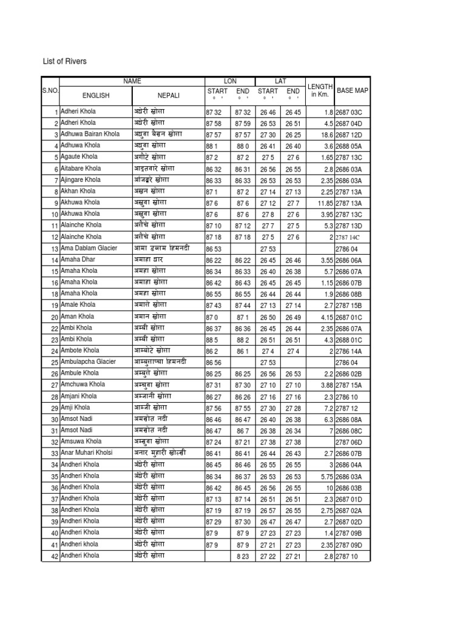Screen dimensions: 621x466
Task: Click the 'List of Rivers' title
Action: tap(66, 61)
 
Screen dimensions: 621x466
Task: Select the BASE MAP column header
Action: tap(352, 90)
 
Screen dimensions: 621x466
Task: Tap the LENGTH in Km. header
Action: tap(320, 90)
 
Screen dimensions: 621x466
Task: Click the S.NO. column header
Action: tap(50, 90)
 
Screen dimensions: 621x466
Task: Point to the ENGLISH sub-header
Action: tap(95, 95)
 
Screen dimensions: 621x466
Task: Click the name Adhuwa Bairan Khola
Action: tap(90, 134)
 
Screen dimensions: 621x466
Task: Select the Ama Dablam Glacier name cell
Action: tap(89, 248)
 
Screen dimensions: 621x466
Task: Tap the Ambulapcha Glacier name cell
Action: tap(88, 361)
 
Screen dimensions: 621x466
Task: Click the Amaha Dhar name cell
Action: tap(78, 260)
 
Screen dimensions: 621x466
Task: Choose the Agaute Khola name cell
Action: tap(79, 157)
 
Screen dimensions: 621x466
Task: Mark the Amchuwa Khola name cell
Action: tap(83, 384)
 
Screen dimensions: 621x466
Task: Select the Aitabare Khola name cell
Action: tap(81, 169)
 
